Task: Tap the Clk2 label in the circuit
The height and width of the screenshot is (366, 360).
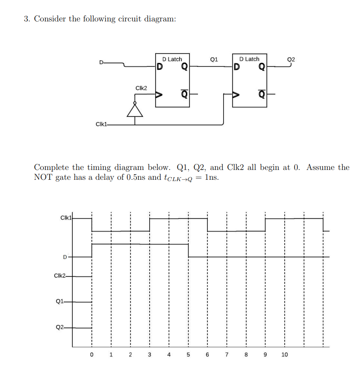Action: (141, 88)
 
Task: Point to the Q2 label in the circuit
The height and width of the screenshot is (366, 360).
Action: (291, 60)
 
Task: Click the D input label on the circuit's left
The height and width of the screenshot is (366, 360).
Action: (101, 63)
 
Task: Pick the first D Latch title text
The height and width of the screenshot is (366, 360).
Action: (172, 59)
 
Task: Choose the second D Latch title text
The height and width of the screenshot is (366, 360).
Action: (249, 59)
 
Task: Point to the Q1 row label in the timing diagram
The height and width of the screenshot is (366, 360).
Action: (60, 302)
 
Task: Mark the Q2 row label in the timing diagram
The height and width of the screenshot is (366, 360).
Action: (60, 327)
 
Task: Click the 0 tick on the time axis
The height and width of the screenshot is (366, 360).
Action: (91, 354)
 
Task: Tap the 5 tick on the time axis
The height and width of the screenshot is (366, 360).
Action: (188, 354)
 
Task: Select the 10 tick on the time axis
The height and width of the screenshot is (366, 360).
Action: (284, 354)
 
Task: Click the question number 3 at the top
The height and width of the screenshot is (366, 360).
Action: (27, 19)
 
